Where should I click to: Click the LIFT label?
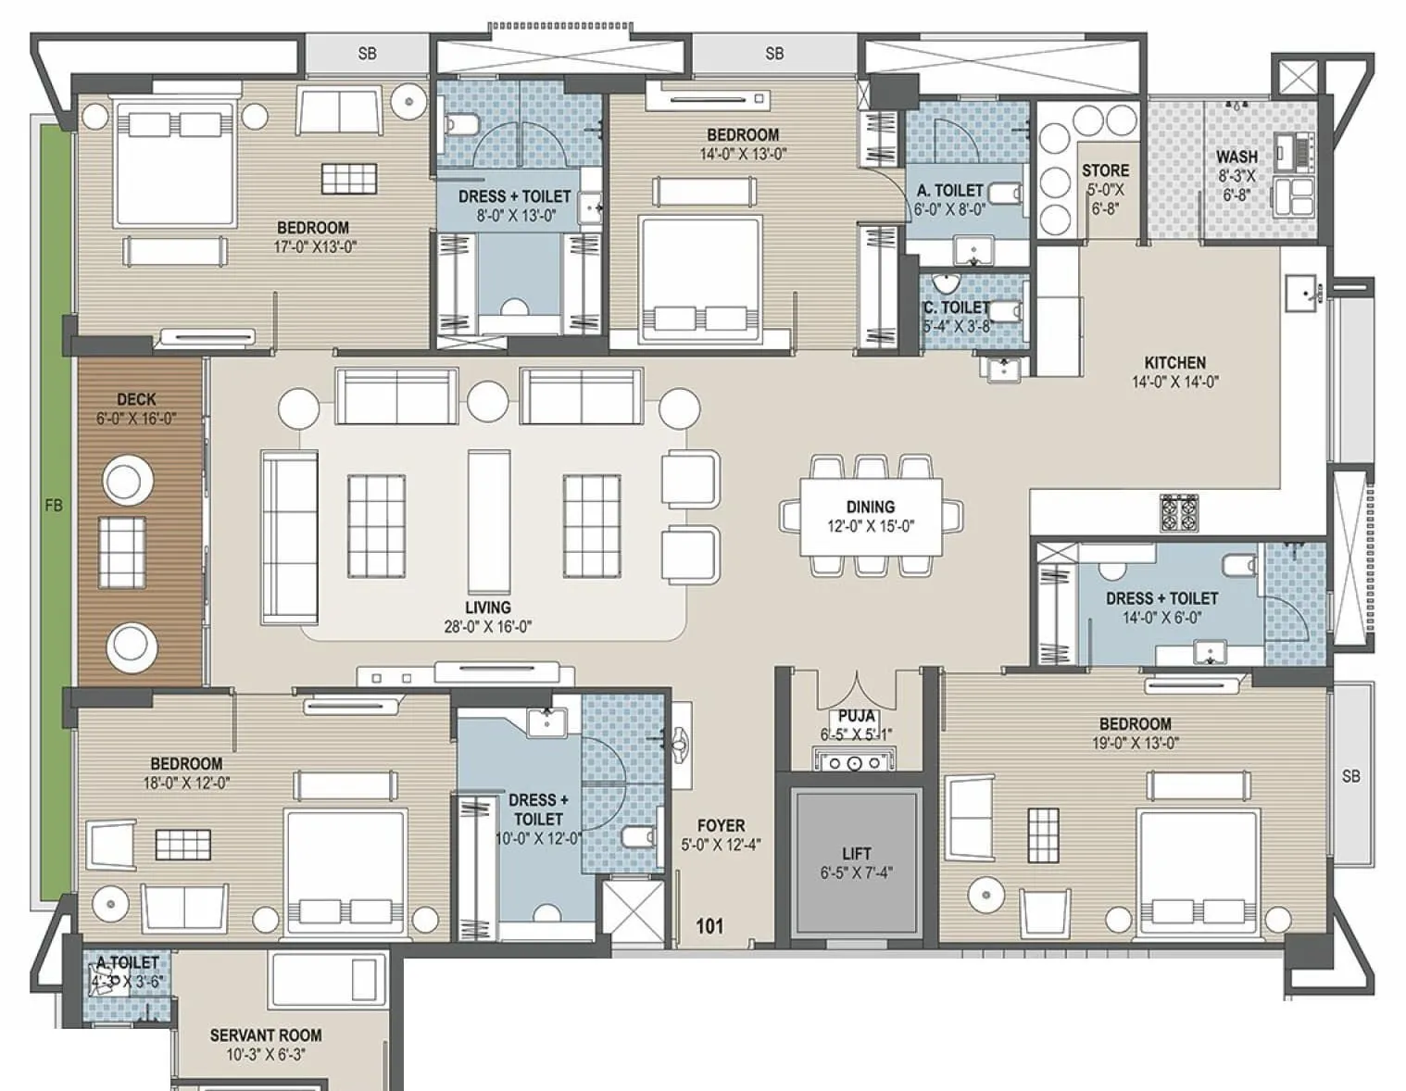[856, 853]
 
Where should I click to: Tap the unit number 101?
[709, 925]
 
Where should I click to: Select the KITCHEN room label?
[1174, 363]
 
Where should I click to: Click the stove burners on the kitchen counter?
[1178, 513]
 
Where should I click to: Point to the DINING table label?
[870, 507]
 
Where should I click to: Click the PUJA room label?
[857, 716]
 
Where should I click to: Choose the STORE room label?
[1105, 170]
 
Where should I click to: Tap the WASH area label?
[1237, 157]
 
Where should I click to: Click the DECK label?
[136, 399]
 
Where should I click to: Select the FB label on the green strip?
[54, 506]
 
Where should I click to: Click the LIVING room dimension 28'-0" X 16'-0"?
[487, 627]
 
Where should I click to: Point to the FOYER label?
[721, 825]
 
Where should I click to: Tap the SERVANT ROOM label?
[266, 1035]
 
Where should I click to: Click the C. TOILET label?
[956, 307]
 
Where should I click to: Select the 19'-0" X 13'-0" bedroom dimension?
[1135, 743]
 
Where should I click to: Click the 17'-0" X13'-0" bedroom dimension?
[312, 247]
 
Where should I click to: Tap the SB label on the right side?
[1350, 775]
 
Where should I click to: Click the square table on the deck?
[121, 550]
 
